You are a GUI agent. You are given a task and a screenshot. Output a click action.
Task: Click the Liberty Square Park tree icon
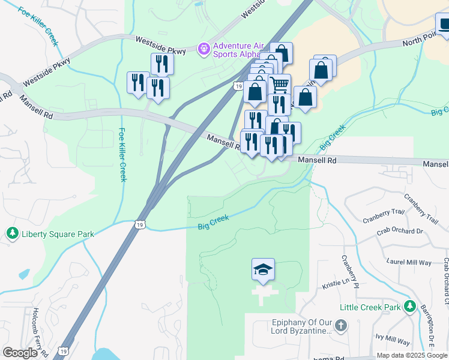[x=11, y=233]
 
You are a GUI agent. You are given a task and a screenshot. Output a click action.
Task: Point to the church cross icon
[x=340, y=326]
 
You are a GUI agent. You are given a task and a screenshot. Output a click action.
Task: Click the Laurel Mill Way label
[x=408, y=262]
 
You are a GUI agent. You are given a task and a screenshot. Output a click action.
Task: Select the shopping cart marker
[x=279, y=85]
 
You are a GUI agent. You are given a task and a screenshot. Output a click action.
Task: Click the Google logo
[x=20, y=352]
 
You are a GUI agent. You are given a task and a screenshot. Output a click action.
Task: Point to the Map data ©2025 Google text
[x=412, y=355]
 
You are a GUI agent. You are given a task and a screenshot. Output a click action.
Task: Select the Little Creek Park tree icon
[x=411, y=307]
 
